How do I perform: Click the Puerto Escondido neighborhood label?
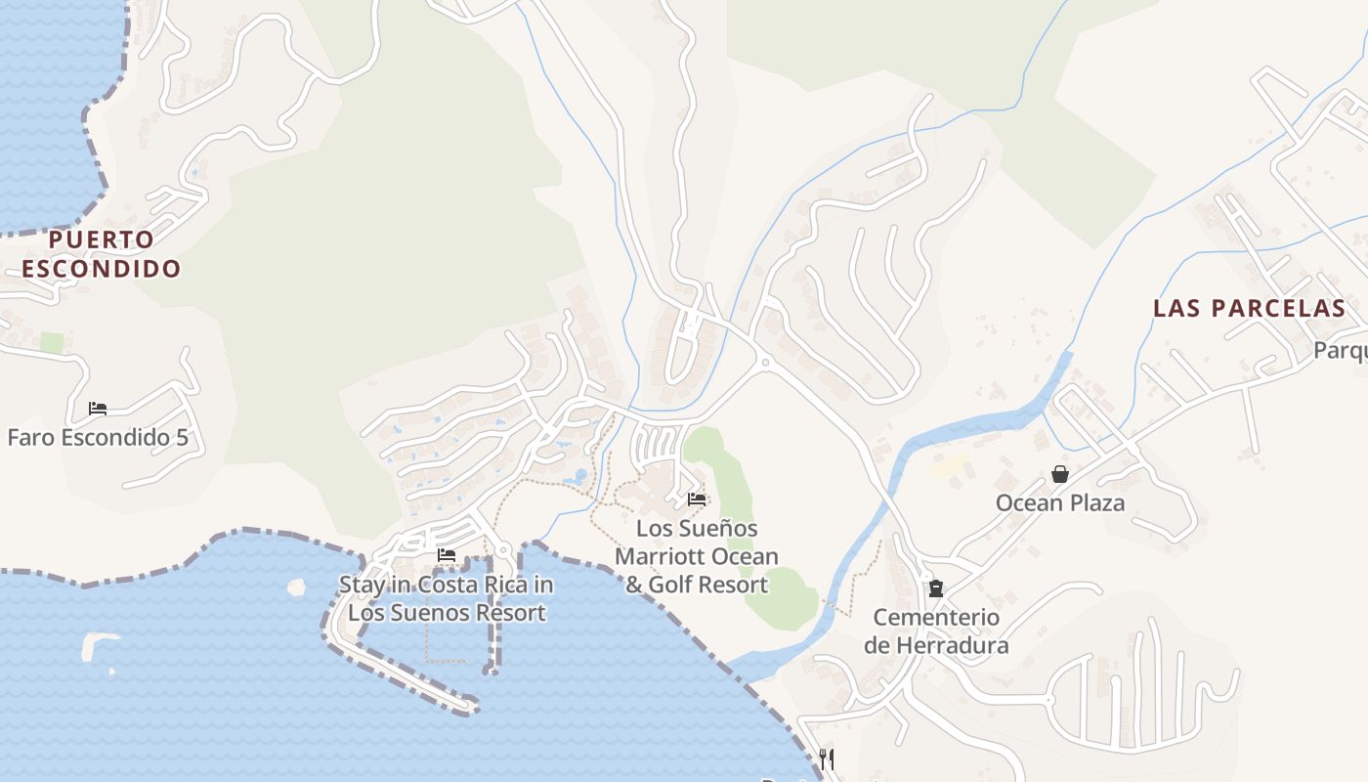click(x=102, y=254)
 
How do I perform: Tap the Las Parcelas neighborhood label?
click(x=1249, y=309)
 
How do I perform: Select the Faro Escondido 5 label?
click(x=98, y=437)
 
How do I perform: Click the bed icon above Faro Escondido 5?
click(x=98, y=409)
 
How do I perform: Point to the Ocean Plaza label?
click(x=1060, y=503)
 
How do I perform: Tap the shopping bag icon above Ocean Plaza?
click(x=1060, y=475)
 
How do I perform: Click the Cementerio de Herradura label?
click(x=936, y=631)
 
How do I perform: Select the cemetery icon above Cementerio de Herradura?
click(x=936, y=587)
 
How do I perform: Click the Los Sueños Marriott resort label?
click(x=697, y=556)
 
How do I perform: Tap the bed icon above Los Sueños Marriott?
click(x=697, y=500)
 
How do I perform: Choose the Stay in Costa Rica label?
click(x=447, y=599)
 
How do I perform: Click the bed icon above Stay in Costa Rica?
click(x=447, y=555)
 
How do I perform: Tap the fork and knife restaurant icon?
click(x=827, y=759)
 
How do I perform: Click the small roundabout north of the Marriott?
click(x=765, y=363)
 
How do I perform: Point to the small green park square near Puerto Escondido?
click(x=52, y=343)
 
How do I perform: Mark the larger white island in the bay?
click(x=98, y=646)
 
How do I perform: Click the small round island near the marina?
click(x=296, y=586)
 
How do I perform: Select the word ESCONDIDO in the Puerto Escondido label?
click(x=102, y=269)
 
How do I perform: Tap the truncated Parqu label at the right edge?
click(x=1340, y=350)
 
